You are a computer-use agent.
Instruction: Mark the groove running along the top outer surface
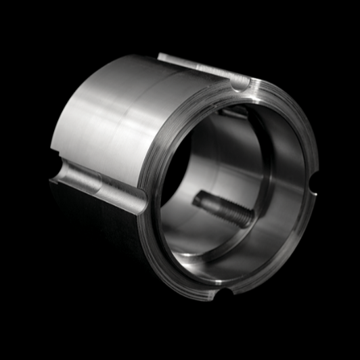point(196,68)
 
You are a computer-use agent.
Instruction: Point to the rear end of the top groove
point(162,58)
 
